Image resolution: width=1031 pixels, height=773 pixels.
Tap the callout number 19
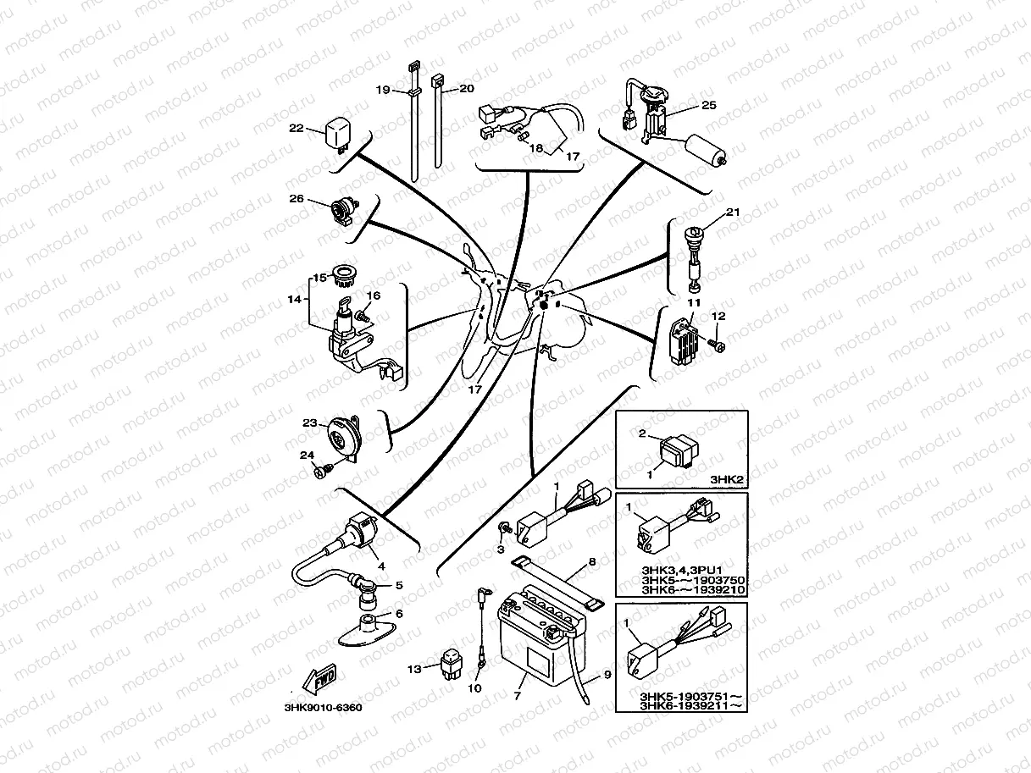pos(383,90)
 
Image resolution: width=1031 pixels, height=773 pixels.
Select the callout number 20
pos(466,88)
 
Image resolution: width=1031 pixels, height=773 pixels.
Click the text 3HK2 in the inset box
pos(726,479)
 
